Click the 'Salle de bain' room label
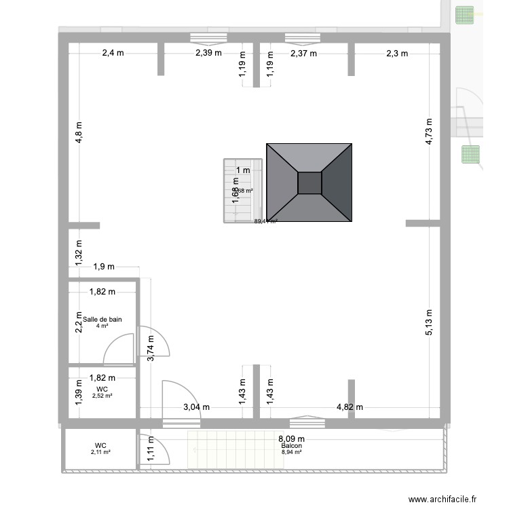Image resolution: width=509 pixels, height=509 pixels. click(x=102, y=319)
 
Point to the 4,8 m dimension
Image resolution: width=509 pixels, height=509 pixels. click(x=79, y=134)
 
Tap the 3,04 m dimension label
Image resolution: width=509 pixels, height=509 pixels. click(x=197, y=407)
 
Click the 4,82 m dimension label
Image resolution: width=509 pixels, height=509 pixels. click(x=350, y=407)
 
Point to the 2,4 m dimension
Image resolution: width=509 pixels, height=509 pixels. click(x=115, y=54)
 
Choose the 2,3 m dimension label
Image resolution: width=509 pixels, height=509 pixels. click(x=397, y=54)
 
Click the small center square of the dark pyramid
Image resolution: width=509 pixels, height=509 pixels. click(x=309, y=183)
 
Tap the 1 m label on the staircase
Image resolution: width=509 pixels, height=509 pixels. click(x=243, y=170)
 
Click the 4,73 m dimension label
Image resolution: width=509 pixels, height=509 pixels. click(x=429, y=134)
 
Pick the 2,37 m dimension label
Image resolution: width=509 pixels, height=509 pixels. click(x=303, y=54)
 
